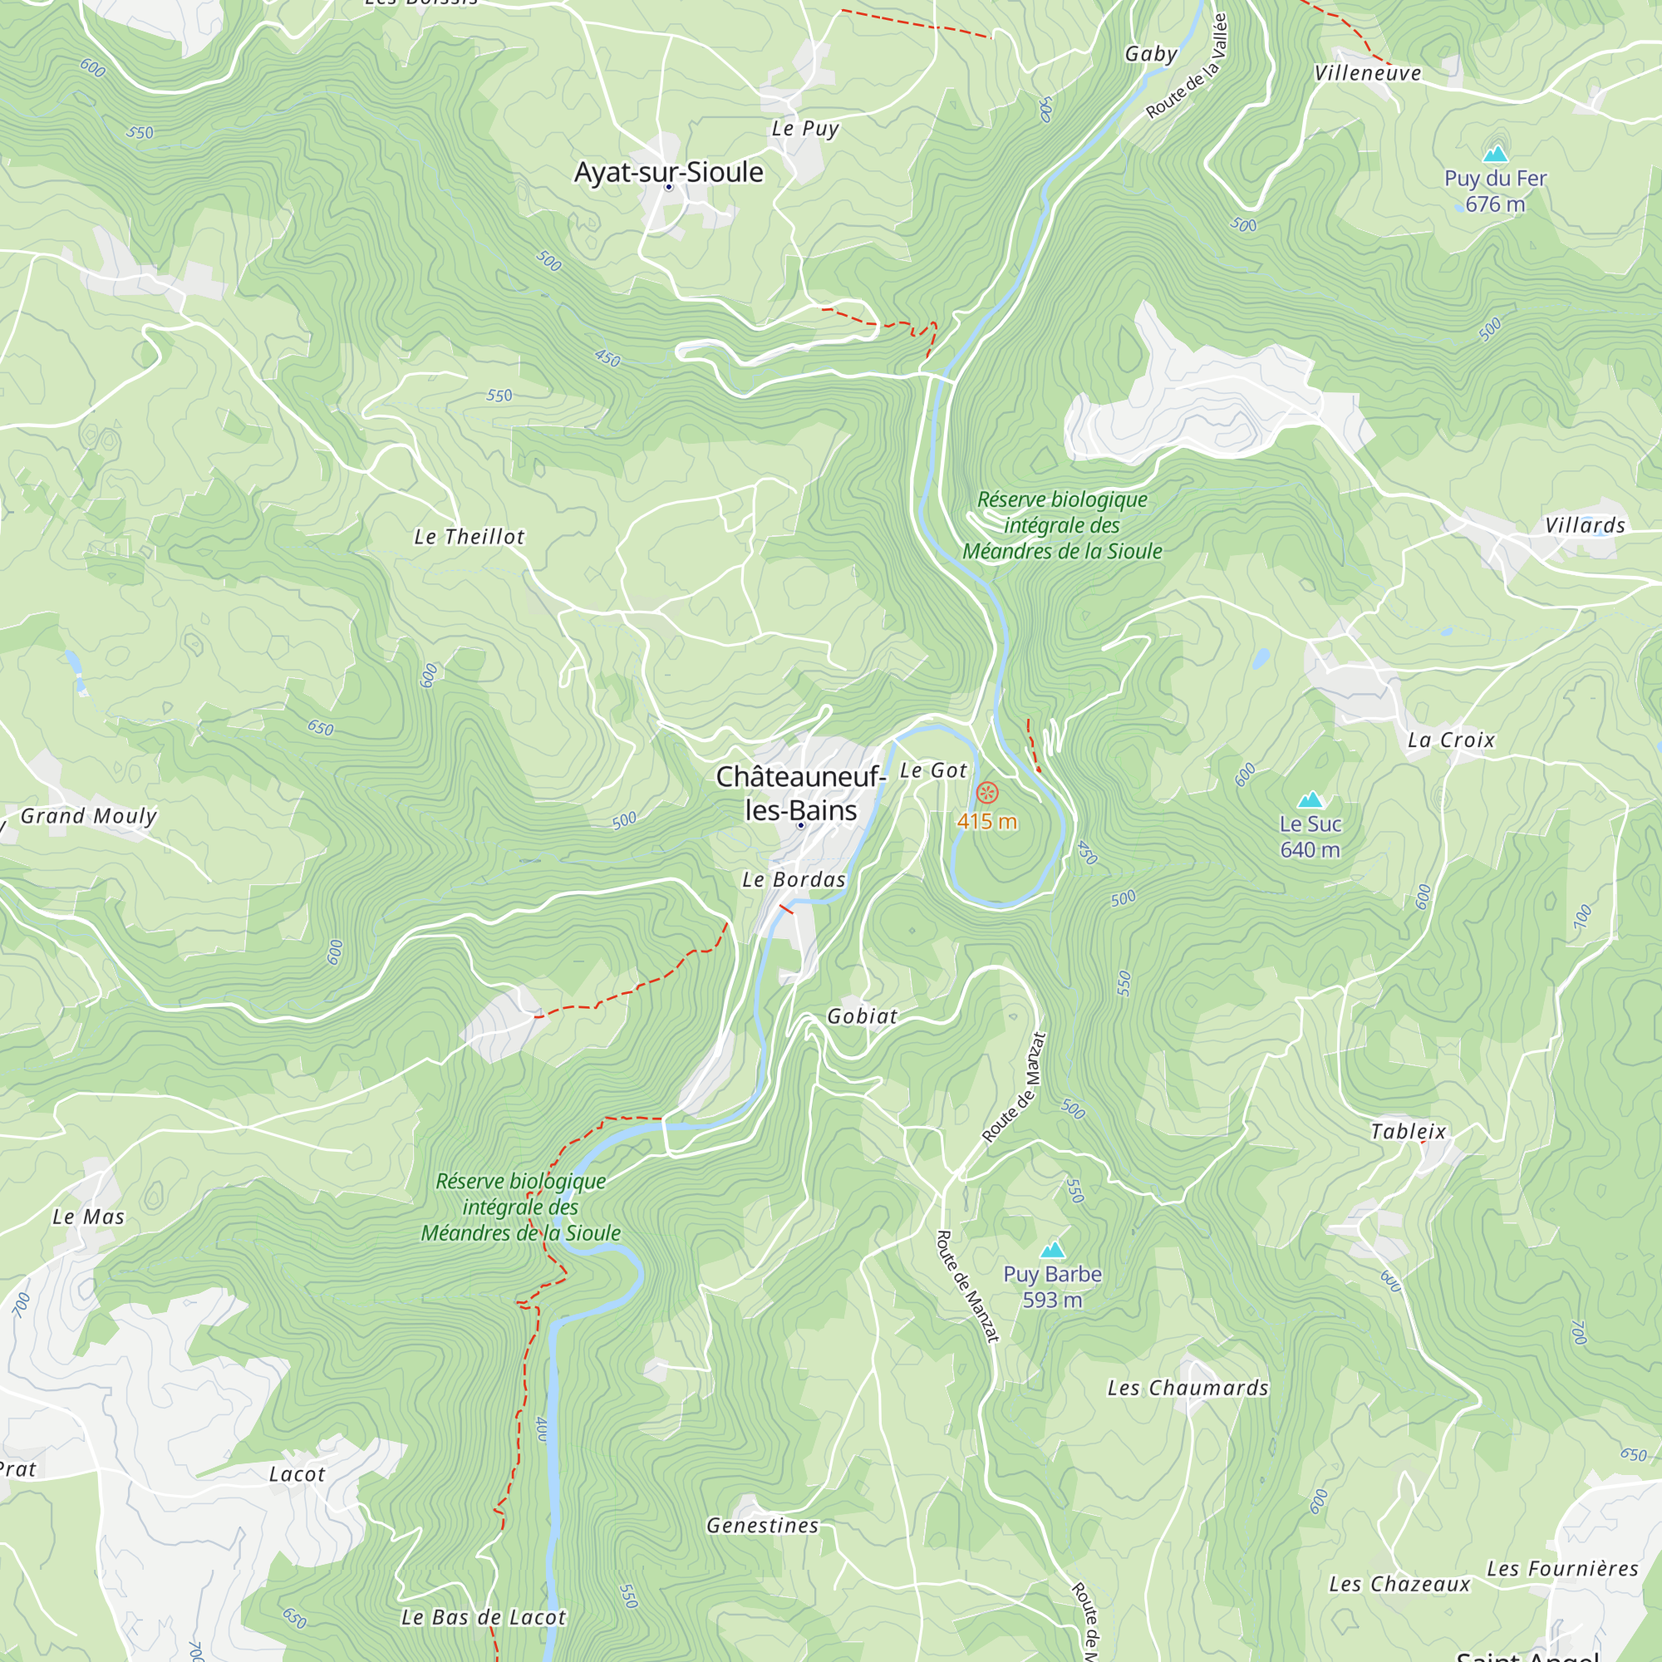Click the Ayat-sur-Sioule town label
pos(668,172)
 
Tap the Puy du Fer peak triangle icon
pos(1495,154)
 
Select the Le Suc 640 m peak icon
pos(1310,799)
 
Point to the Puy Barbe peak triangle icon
pos(1052,1250)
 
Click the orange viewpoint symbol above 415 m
pos(987,792)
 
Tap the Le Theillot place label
pos(469,537)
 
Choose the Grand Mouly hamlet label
pos(89,815)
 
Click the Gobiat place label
pos(862,1016)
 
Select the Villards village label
pos(1585,526)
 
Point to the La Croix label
pos(1451,740)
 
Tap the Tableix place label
pos(1409,1131)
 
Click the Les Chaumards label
pos(1188,1388)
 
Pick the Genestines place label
pos(762,1525)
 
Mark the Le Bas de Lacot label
pos(484,1617)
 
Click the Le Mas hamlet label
pos(89,1217)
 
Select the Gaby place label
pos(1151,54)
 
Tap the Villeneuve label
pos(1368,73)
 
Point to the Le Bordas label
pos(794,879)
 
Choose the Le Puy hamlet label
pos(804,129)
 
